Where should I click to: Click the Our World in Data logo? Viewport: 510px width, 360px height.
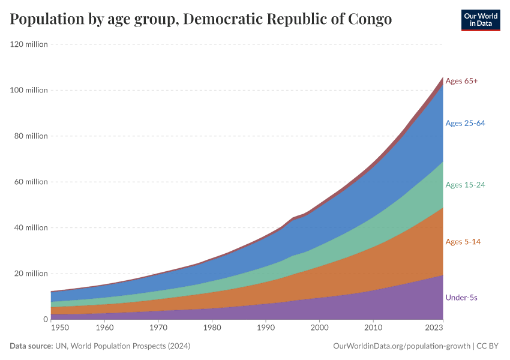point(480,20)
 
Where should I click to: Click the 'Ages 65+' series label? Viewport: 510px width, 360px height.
point(461,80)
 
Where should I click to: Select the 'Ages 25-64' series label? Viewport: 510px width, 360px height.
point(465,123)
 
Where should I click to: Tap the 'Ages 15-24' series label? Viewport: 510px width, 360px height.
point(465,185)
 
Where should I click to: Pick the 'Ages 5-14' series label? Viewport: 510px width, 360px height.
point(463,241)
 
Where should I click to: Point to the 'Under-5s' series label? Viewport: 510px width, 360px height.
point(461,298)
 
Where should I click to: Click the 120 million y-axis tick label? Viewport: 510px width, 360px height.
point(29,44)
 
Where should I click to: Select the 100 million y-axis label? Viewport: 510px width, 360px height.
point(29,90)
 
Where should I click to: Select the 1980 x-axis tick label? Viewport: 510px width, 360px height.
point(212,328)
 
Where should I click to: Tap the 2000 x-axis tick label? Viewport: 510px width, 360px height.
point(319,328)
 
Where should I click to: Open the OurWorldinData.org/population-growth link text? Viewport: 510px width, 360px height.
point(400,346)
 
